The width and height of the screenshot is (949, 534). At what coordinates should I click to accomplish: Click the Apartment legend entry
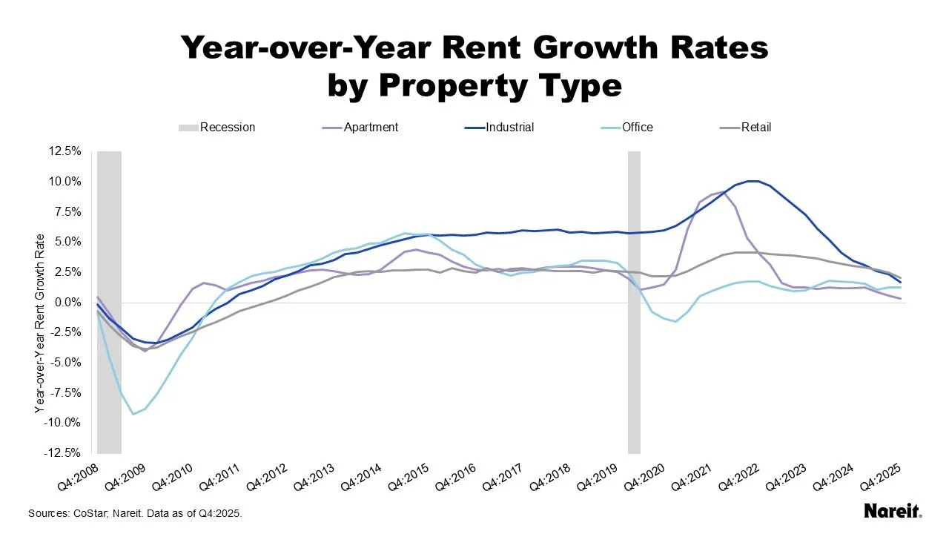click(371, 128)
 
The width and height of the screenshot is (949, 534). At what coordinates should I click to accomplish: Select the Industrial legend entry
click(509, 128)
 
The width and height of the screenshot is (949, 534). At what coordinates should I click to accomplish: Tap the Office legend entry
click(637, 128)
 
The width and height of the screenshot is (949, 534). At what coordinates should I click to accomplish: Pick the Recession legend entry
click(227, 128)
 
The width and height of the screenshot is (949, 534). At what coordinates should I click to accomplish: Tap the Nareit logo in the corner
click(893, 511)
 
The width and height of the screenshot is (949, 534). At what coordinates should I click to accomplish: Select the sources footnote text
click(135, 513)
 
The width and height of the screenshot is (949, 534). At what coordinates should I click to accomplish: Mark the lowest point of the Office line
click(133, 413)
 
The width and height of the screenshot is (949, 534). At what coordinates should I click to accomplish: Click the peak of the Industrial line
click(752, 181)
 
